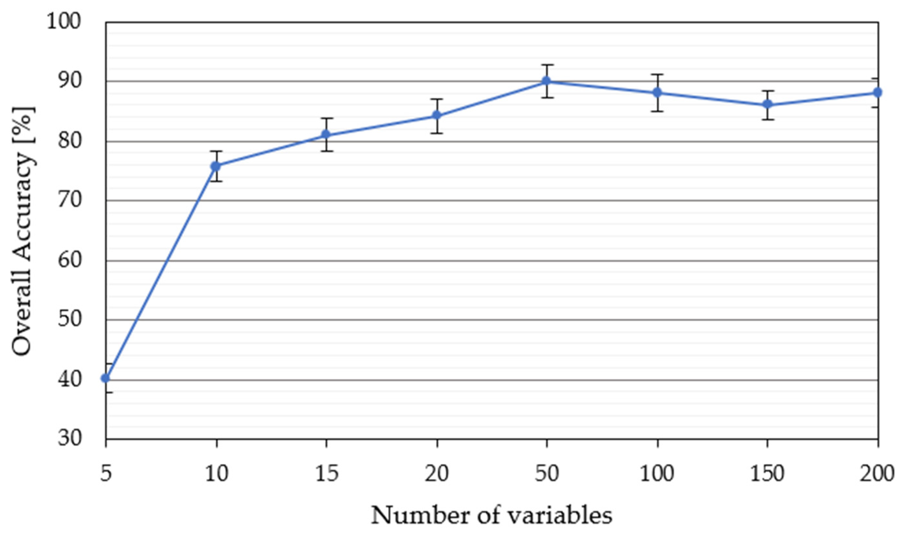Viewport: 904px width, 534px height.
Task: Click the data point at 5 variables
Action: (x=106, y=378)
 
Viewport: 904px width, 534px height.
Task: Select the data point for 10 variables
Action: (x=216, y=166)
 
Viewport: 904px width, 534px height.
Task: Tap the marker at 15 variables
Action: (x=326, y=135)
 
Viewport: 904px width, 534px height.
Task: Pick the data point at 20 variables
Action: (x=437, y=115)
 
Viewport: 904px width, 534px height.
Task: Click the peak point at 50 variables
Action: (x=547, y=81)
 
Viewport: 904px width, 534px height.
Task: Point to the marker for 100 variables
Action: (x=657, y=92)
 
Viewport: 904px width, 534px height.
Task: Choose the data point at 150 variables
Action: (x=768, y=104)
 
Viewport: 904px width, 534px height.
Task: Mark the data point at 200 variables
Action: (x=877, y=92)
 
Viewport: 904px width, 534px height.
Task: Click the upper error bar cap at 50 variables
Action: (x=547, y=65)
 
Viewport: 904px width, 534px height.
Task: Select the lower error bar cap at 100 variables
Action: (x=657, y=111)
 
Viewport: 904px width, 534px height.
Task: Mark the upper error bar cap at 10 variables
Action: (x=216, y=151)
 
